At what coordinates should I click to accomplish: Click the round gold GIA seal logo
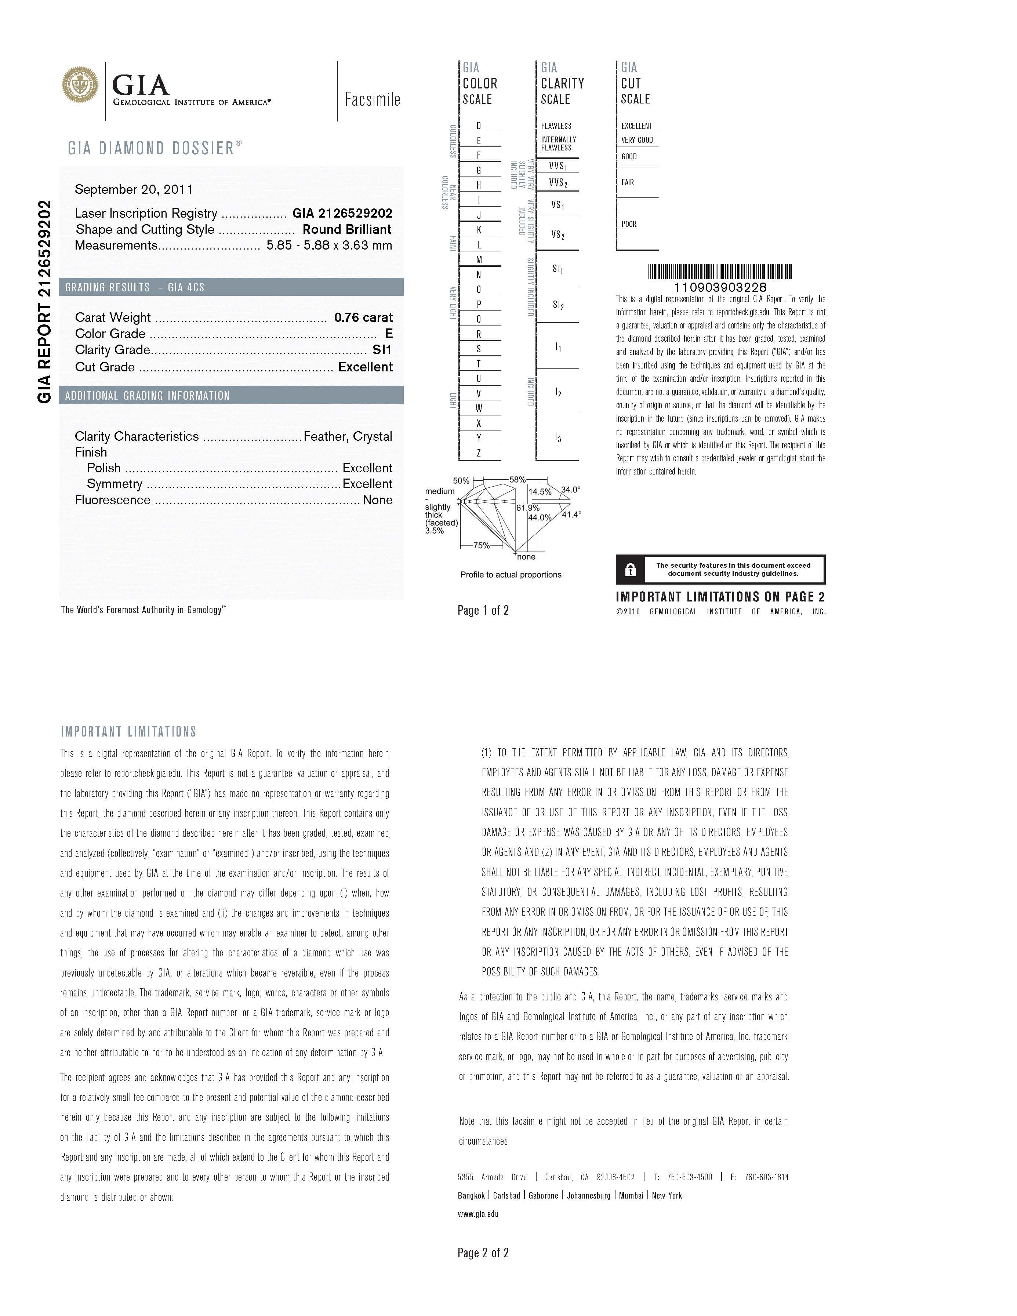[x=80, y=84]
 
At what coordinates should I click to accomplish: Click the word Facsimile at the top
[x=373, y=99]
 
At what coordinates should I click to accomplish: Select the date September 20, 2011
[x=134, y=190]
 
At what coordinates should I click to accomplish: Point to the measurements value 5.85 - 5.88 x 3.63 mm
[x=329, y=245]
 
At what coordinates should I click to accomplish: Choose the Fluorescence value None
[x=377, y=500]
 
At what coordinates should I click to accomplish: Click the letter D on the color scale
[x=479, y=126]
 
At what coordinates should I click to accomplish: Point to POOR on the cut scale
[x=629, y=224]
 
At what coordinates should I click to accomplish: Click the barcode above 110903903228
[x=720, y=272]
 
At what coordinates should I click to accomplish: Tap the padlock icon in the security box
[x=630, y=570]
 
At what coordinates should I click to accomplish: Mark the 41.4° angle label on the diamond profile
[x=571, y=515]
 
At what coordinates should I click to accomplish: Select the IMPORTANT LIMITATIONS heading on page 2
[x=128, y=732]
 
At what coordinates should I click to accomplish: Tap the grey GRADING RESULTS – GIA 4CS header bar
[x=231, y=287]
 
